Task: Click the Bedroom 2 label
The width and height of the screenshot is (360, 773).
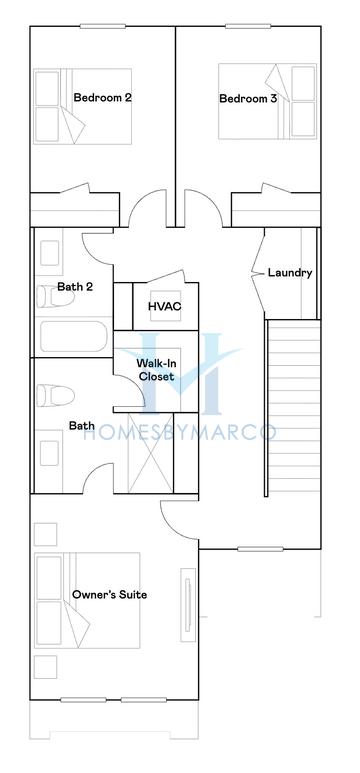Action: tap(103, 98)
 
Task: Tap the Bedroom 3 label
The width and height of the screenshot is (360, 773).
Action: tap(249, 98)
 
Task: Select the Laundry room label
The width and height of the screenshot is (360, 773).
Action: tap(290, 272)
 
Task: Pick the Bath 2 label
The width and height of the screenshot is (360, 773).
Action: tap(75, 287)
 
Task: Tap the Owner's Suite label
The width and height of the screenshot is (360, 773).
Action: tap(109, 595)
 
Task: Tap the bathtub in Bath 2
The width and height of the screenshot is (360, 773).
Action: tap(71, 335)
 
